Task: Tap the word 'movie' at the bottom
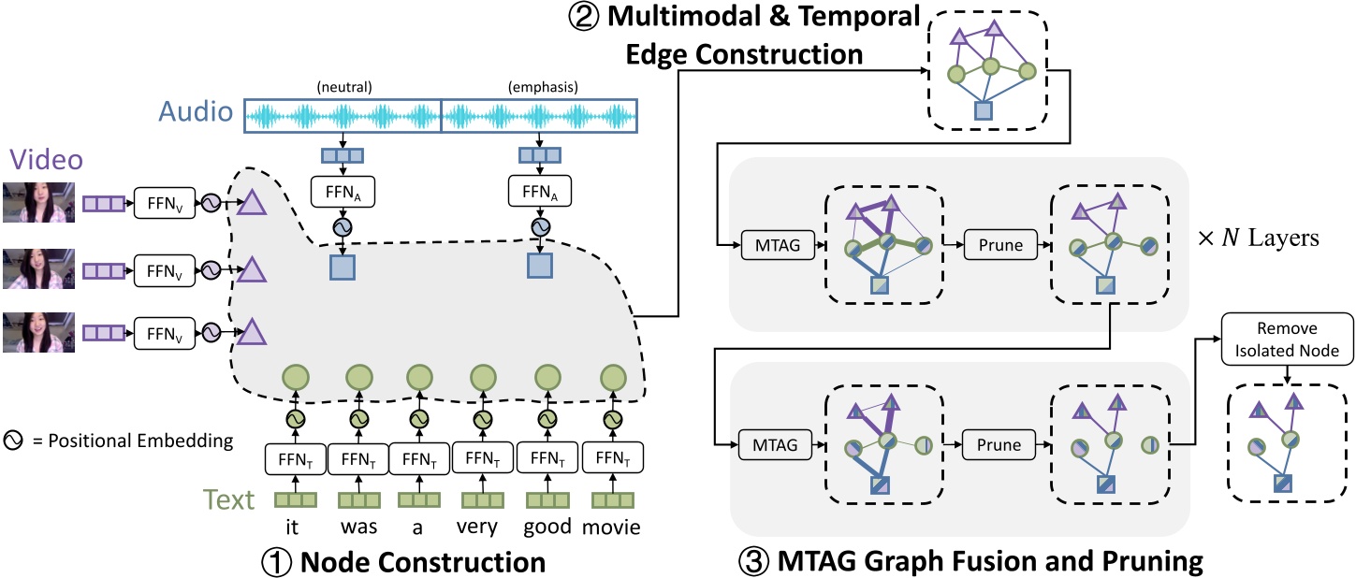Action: (611, 527)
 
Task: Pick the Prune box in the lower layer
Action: (994, 444)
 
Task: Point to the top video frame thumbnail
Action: (38, 202)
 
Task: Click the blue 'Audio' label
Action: (194, 114)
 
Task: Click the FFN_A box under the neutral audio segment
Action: (343, 193)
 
